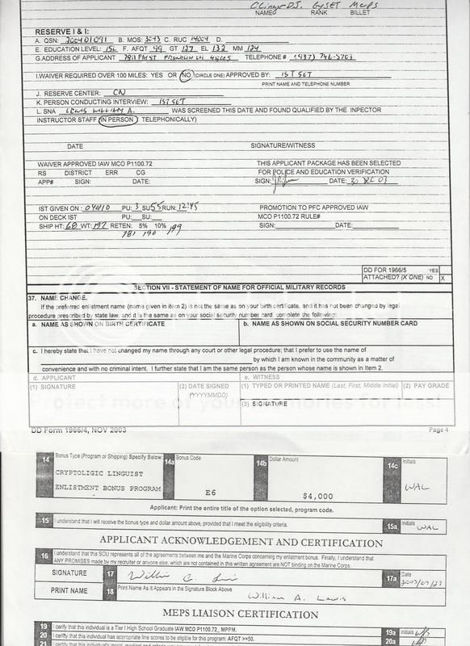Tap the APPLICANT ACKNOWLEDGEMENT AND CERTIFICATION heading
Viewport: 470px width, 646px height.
pos(241,543)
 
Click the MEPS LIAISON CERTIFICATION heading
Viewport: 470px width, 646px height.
pos(241,613)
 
